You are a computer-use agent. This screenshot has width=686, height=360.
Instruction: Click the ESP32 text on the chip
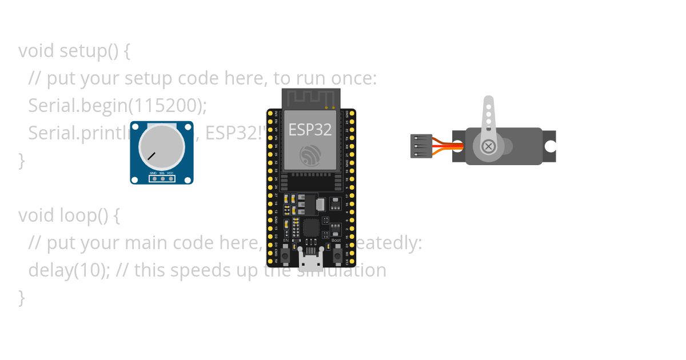click(x=310, y=130)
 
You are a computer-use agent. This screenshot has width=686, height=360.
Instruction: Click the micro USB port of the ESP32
click(x=310, y=262)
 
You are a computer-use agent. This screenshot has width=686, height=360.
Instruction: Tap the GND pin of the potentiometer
click(x=153, y=179)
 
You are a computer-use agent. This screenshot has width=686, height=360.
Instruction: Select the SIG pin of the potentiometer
click(x=162, y=179)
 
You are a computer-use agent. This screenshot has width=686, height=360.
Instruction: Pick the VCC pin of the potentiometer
click(x=170, y=179)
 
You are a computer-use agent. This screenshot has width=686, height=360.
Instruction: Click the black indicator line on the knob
click(x=151, y=155)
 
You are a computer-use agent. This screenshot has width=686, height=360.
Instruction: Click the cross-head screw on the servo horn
click(x=488, y=146)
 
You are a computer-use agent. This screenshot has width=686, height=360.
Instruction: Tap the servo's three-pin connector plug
click(x=420, y=146)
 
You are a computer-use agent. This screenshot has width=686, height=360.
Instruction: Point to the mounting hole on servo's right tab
click(x=550, y=146)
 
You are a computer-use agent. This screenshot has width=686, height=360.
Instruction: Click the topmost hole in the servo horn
click(x=488, y=105)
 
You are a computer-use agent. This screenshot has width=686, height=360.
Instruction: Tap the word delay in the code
click(x=49, y=270)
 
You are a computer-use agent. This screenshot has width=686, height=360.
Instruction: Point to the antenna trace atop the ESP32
click(x=310, y=98)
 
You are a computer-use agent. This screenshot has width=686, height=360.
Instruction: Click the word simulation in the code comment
click(x=343, y=270)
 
